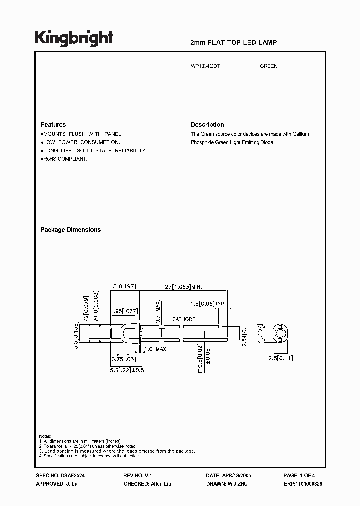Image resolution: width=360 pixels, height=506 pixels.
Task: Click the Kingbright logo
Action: [74, 38]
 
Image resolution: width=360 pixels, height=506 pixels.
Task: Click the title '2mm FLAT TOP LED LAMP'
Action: [234, 43]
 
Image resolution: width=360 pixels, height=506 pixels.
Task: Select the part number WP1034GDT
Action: [206, 66]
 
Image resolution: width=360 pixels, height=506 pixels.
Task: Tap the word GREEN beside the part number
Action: [269, 66]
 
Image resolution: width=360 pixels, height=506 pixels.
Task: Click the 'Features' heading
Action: [53, 125]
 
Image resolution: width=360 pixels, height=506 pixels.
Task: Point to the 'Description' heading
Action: [207, 125]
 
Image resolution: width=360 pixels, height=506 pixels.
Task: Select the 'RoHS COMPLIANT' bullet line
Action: [65, 159]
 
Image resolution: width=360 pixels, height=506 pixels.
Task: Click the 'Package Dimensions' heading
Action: [70, 230]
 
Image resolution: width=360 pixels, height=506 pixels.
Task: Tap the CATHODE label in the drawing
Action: [184, 319]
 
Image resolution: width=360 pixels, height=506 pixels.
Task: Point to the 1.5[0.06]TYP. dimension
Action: [208, 304]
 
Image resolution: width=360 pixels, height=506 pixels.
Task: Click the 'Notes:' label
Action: [45, 436]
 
